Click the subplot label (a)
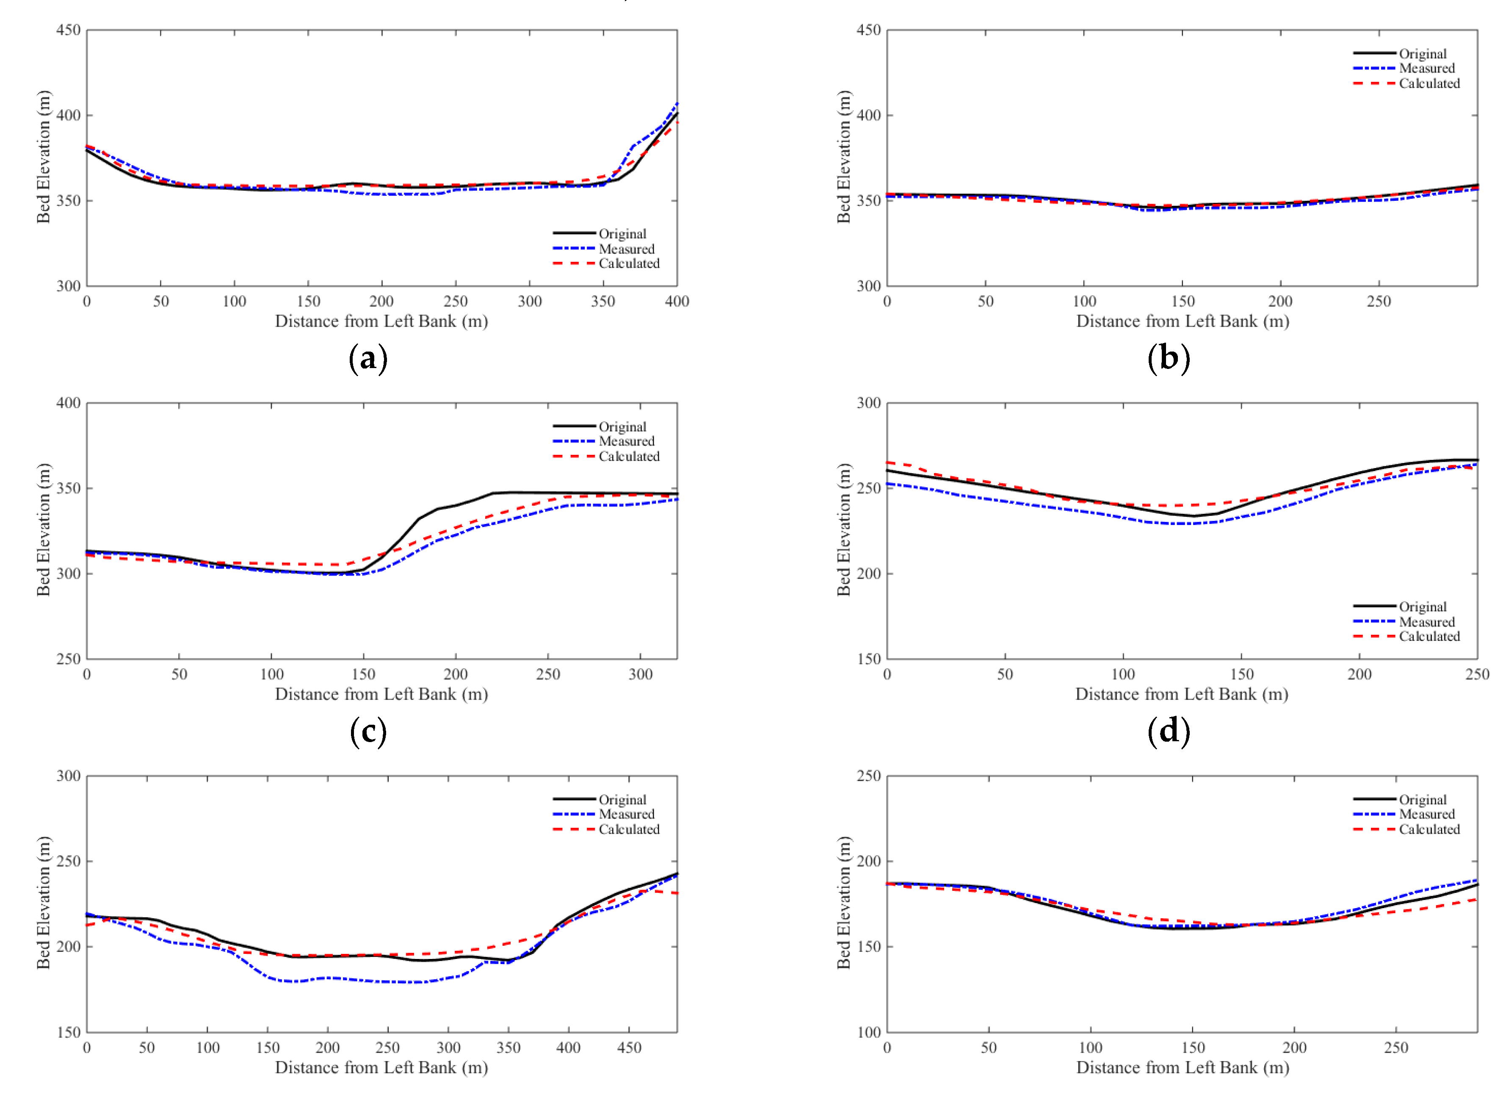click(368, 359)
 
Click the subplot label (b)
click(1169, 359)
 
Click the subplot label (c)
click(368, 732)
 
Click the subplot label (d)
click(1169, 732)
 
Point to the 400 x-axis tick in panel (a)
click(677, 302)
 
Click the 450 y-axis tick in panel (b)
click(868, 30)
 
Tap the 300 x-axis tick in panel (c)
click(640, 674)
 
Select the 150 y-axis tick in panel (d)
click(868, 659)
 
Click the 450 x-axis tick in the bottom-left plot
click(629, 1048)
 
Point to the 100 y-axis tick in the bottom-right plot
click(868, 1033)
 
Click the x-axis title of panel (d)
click(1181, 695)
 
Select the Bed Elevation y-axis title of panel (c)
click(44, 530)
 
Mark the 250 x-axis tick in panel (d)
click(1477, 674)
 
